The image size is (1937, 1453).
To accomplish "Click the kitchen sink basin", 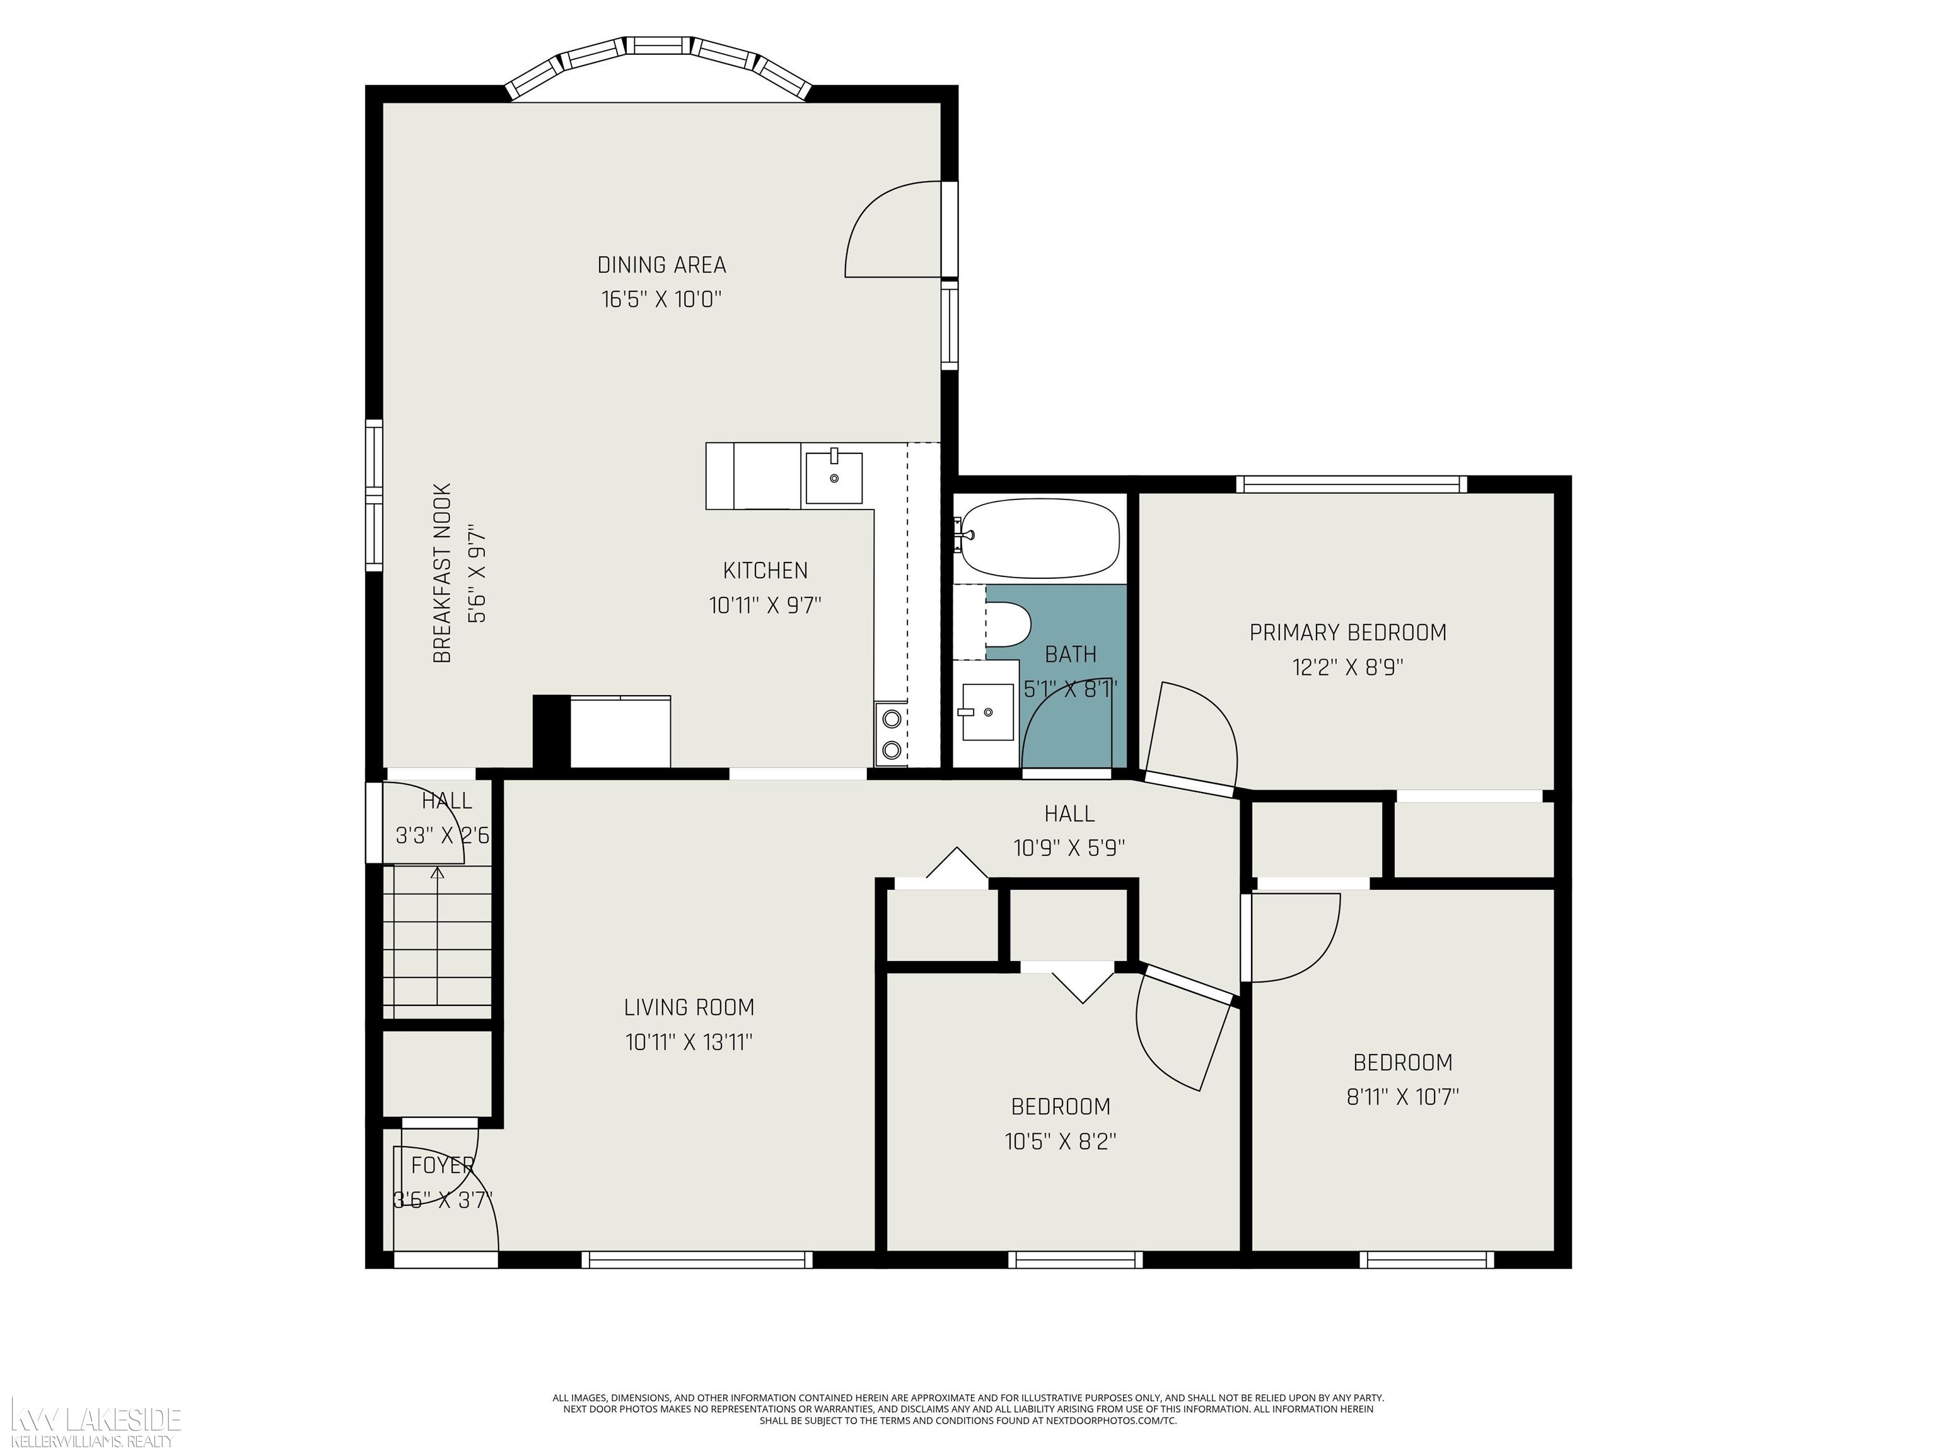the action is [833, 477].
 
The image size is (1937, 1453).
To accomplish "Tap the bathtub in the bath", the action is [1039, 539].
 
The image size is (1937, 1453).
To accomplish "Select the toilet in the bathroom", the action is [1008, 622].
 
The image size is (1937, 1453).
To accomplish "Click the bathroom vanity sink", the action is [987, 712].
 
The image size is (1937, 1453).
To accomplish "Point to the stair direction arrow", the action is [437, 942].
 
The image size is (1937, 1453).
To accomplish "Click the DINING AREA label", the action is [662, 264].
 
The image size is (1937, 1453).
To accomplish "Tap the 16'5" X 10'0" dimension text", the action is [661, 300].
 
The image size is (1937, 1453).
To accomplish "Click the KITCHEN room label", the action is [765, 570].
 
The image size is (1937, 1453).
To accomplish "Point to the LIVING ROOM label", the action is [689, 1007].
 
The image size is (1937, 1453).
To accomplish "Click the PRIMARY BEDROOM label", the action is [1347, 633].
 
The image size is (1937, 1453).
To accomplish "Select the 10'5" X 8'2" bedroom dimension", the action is [1061, 1141].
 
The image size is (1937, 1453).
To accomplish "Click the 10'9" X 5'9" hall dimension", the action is [1069, 848].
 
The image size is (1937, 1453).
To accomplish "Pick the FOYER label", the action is [442, 1165].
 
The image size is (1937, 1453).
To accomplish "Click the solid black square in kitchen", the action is [552, 732].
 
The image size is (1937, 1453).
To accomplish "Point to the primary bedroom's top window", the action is [1352, 484].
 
